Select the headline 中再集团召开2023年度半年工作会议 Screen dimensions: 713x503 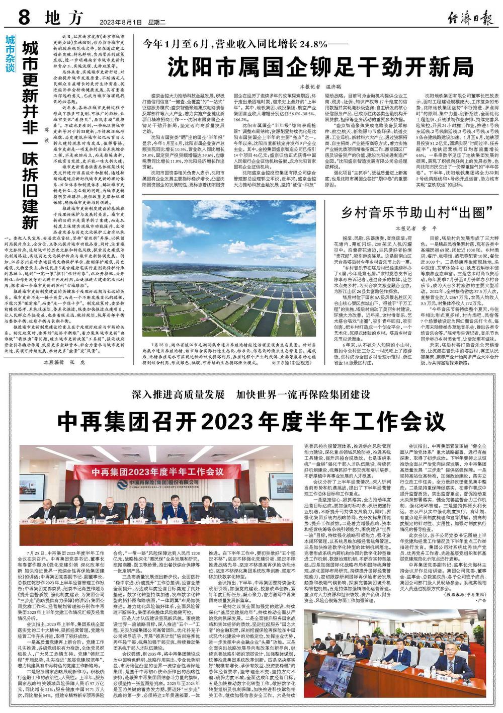pos(251,421)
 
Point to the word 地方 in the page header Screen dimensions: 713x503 pos(63,19)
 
